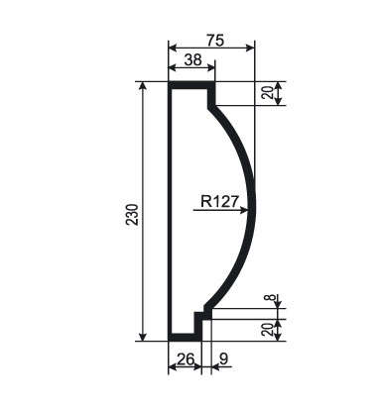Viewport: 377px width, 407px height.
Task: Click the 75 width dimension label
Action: point(215,41)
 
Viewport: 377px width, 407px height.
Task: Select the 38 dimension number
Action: point(192,60)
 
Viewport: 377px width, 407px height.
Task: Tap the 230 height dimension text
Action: point(132,215)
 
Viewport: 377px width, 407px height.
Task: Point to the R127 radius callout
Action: point(219,201)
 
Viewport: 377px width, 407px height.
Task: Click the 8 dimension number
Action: point(272,297)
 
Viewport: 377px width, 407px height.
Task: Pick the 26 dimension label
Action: point(186,358)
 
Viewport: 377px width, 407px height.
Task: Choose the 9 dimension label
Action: point(223,358)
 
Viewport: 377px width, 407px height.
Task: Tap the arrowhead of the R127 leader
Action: point(244,210)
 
